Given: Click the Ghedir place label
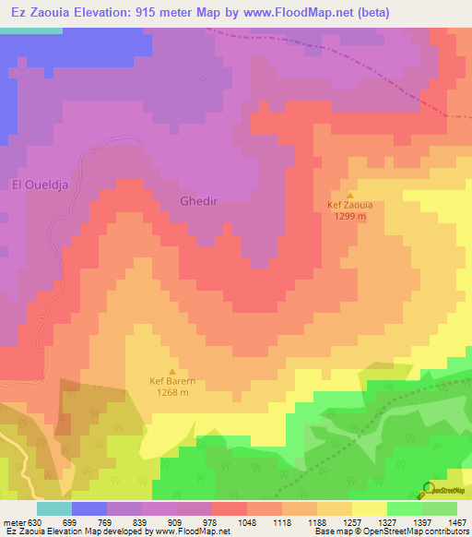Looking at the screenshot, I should [198, 200].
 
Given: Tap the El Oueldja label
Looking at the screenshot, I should [41, 185].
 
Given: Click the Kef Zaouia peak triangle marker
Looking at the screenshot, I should [349, 195].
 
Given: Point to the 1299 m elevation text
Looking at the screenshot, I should [349, 217].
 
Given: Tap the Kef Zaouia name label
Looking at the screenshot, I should [349, 207].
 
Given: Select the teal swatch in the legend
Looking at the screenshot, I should [53, 508].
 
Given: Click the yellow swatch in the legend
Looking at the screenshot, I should [369, 508].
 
